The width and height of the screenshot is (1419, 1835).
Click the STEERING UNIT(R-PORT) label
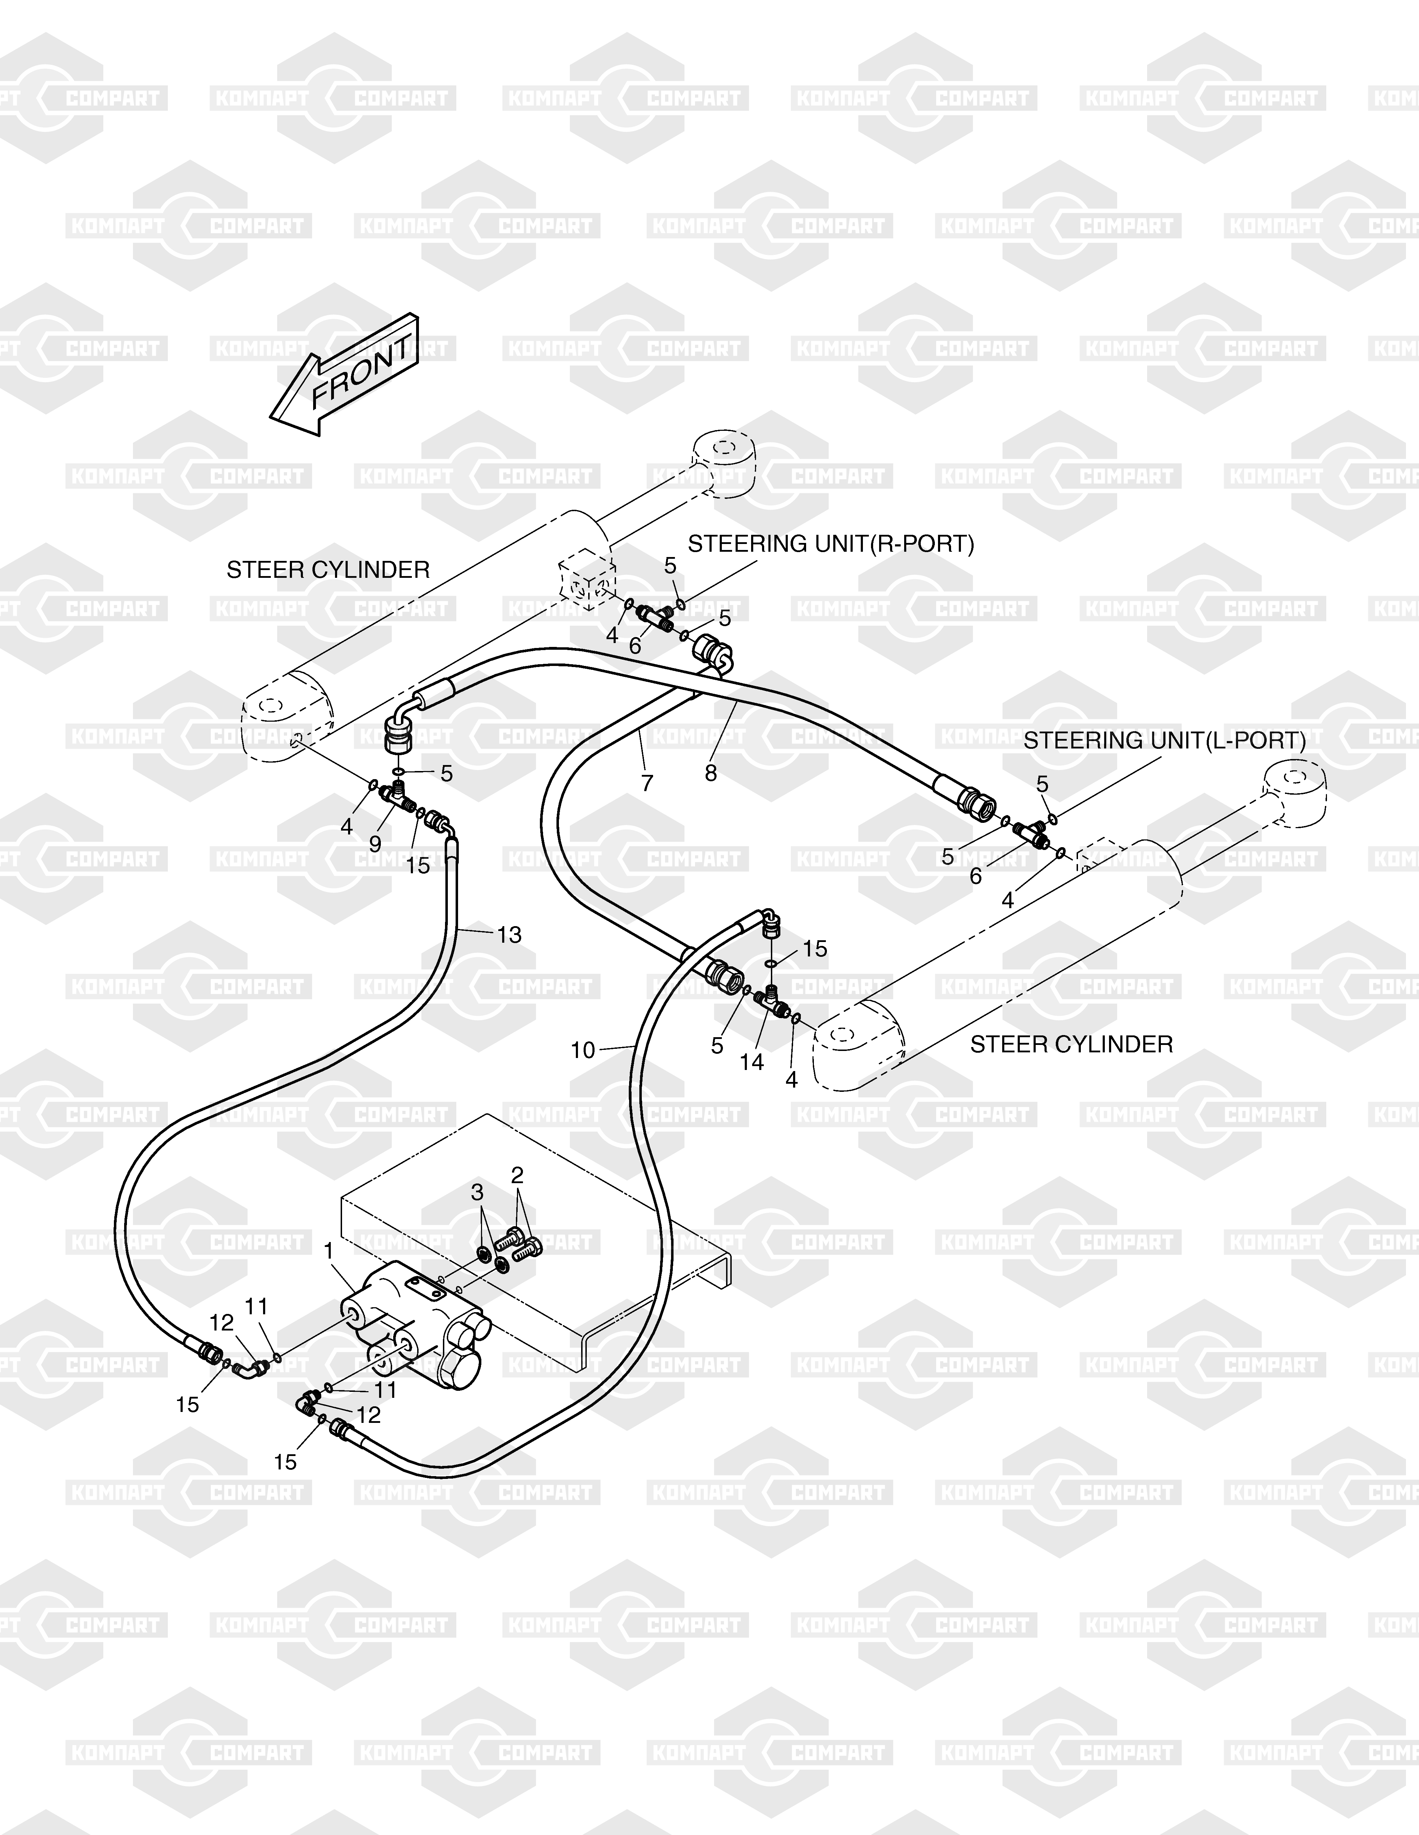click(x=830, y=544)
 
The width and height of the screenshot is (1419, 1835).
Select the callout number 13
click(x=508, y=934)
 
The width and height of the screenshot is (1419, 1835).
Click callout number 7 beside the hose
click(x=646, y=783)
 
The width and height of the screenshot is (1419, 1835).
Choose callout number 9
click(x=375, y=843)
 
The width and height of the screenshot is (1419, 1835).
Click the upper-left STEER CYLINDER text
click(x=328, y=570)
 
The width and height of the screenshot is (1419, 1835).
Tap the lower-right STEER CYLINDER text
click(x=1071, y=1044)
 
